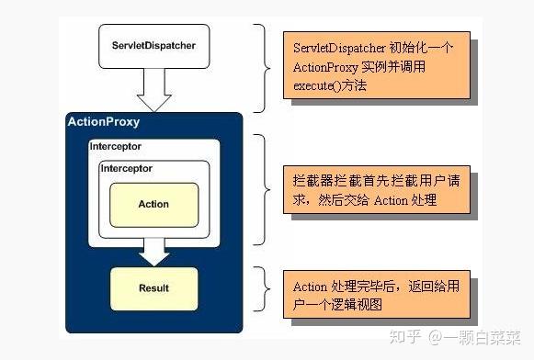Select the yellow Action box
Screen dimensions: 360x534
(x=153, y=204)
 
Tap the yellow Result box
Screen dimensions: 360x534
(x=153, y=287)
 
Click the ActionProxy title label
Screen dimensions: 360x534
(x=104, y=122)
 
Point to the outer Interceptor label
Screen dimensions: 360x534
(x=117, y=147)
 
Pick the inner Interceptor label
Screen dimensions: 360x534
(x=126, y=169)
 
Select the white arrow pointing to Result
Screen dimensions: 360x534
(x=153, y=251)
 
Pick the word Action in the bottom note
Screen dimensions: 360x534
(x=310, y=287)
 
